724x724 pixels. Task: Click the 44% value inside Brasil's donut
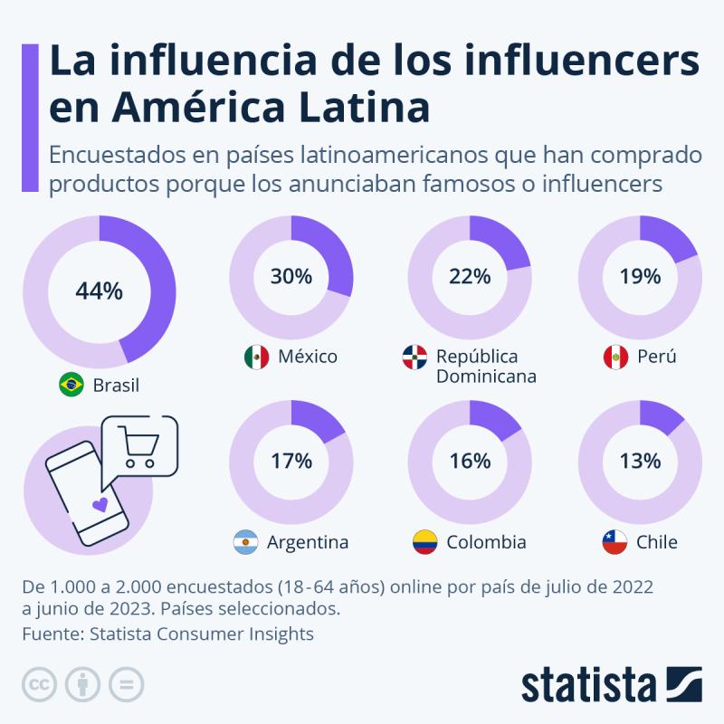click(x=99, y=291)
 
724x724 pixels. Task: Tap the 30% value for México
click(x=291, y=276)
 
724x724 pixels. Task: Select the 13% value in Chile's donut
click(x=640, y=460)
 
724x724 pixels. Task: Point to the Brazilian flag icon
click(x=71, y=385)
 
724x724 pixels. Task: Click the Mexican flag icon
click(x=256, y=357)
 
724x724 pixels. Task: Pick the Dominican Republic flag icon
click(x=414, y=357)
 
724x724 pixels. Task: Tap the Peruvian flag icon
click(x=615, y=357)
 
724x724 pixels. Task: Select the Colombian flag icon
click(x=424, y=542)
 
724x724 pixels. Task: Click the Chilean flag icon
click(x=614, y=542)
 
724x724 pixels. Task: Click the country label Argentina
click(x=308, y=542)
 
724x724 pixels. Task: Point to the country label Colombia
click(x=486, y=542)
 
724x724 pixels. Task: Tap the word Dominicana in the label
click(x=486, y=376)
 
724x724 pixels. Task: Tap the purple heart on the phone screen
click(x=101, y=504)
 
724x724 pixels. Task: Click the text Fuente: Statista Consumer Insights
click(x=168, y=633)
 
